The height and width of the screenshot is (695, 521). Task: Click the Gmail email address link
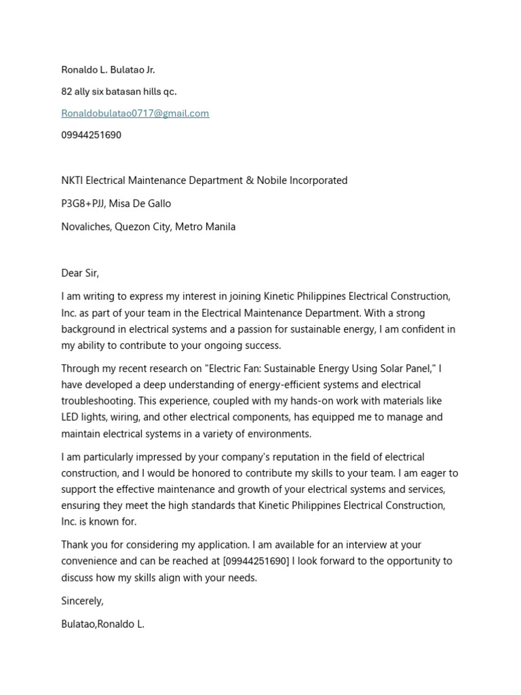135,113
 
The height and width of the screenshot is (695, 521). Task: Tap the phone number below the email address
91,135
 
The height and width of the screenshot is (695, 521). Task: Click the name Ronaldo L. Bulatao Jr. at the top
108,70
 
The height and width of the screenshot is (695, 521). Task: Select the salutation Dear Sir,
80,273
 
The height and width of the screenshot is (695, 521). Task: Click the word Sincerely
81,601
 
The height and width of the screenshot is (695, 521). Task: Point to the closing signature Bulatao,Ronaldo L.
102,624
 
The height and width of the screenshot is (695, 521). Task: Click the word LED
71,417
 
